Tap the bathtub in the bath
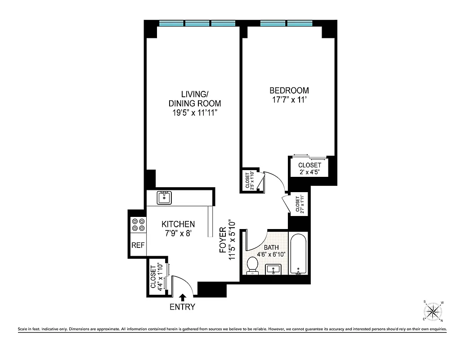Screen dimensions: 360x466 point(298,255)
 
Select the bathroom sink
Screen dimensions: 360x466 point(273,270)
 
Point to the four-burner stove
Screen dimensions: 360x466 point(138,225)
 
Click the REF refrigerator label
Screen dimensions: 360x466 point(138,246)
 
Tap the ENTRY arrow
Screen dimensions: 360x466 point(183,297)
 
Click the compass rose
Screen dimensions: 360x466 point(434,311)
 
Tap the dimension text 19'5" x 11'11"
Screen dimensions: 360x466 point(195,113)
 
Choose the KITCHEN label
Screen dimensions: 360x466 point(178,224)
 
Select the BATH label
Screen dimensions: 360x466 point(271,247)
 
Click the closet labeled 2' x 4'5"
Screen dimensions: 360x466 point(310,168)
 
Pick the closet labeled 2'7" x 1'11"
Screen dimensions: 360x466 point(298,204)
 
